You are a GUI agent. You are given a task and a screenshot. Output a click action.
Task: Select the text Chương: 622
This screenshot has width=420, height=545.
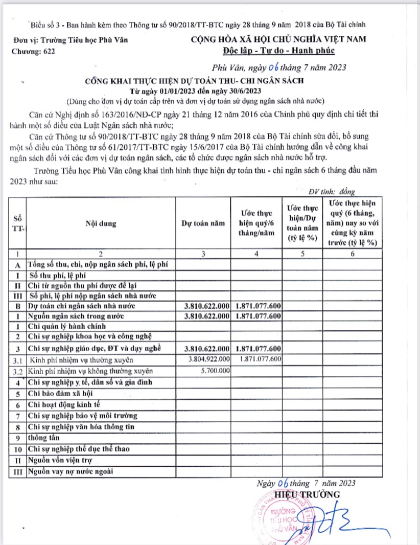[33, 51]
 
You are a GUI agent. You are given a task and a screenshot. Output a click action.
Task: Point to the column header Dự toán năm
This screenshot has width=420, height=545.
[203, 223]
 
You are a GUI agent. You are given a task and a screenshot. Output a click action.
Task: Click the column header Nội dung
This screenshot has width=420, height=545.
[101, 223]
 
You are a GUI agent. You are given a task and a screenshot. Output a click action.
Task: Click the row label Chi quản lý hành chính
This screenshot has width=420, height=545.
[67, 326]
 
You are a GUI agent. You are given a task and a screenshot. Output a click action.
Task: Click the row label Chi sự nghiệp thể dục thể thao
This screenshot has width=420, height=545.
[79, 449]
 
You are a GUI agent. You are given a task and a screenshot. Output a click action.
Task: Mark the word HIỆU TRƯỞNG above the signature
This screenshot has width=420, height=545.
[307, 494]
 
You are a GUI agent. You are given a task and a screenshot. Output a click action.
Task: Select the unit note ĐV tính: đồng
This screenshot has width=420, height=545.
[331, 191]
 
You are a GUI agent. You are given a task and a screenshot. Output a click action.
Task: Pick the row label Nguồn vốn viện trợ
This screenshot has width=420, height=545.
[63, 460]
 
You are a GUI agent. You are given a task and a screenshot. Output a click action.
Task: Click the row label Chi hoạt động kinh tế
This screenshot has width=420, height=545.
[65, 404]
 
